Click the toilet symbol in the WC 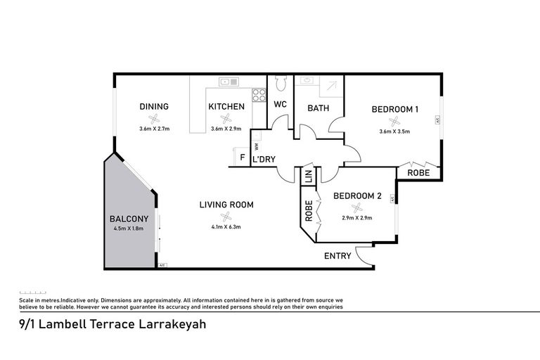tap(281, 83)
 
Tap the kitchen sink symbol tap(229, 82)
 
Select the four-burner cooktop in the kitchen tap(259, 95)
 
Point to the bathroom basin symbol tap(307, 80)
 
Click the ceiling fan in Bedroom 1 tap(394, 121)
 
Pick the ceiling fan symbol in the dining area tap(154, 119)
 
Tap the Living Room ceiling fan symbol tap(226, 217)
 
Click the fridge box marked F tap(241, 157)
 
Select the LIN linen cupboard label tap(309, 176)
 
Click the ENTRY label tap(337, 256)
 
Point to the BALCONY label tap(129, 219)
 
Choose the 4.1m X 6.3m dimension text tap(226, 226)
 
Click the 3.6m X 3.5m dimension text tap(394, 131)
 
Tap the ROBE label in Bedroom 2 tap(309, 211)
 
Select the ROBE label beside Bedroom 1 tap(418, 172)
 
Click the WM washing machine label tap(256, 147)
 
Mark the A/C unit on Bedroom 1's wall tap(438, 120)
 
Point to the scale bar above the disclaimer tap(33, 292)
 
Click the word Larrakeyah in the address tap(172, 324)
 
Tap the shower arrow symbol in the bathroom tap(332, 86)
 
